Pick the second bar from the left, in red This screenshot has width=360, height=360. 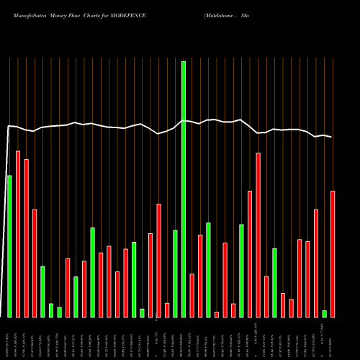(x=18, y=234)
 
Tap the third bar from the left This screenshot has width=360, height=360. (x=26, y=238)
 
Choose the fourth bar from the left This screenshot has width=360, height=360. (x=35, y=263)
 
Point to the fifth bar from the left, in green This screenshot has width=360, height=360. (x=42, y=292)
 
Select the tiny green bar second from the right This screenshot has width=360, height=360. (x=324, y=313)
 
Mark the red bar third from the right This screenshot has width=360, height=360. (x=316, y=263)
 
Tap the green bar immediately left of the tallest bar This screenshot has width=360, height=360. (x=175, y=274)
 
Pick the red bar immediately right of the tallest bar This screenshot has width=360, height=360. (x=192, y=295)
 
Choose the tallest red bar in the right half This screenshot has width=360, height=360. (x=258, y=235)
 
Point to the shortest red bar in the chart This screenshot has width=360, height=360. (x=217, y=314)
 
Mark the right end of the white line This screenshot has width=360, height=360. (x=332, y=137)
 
